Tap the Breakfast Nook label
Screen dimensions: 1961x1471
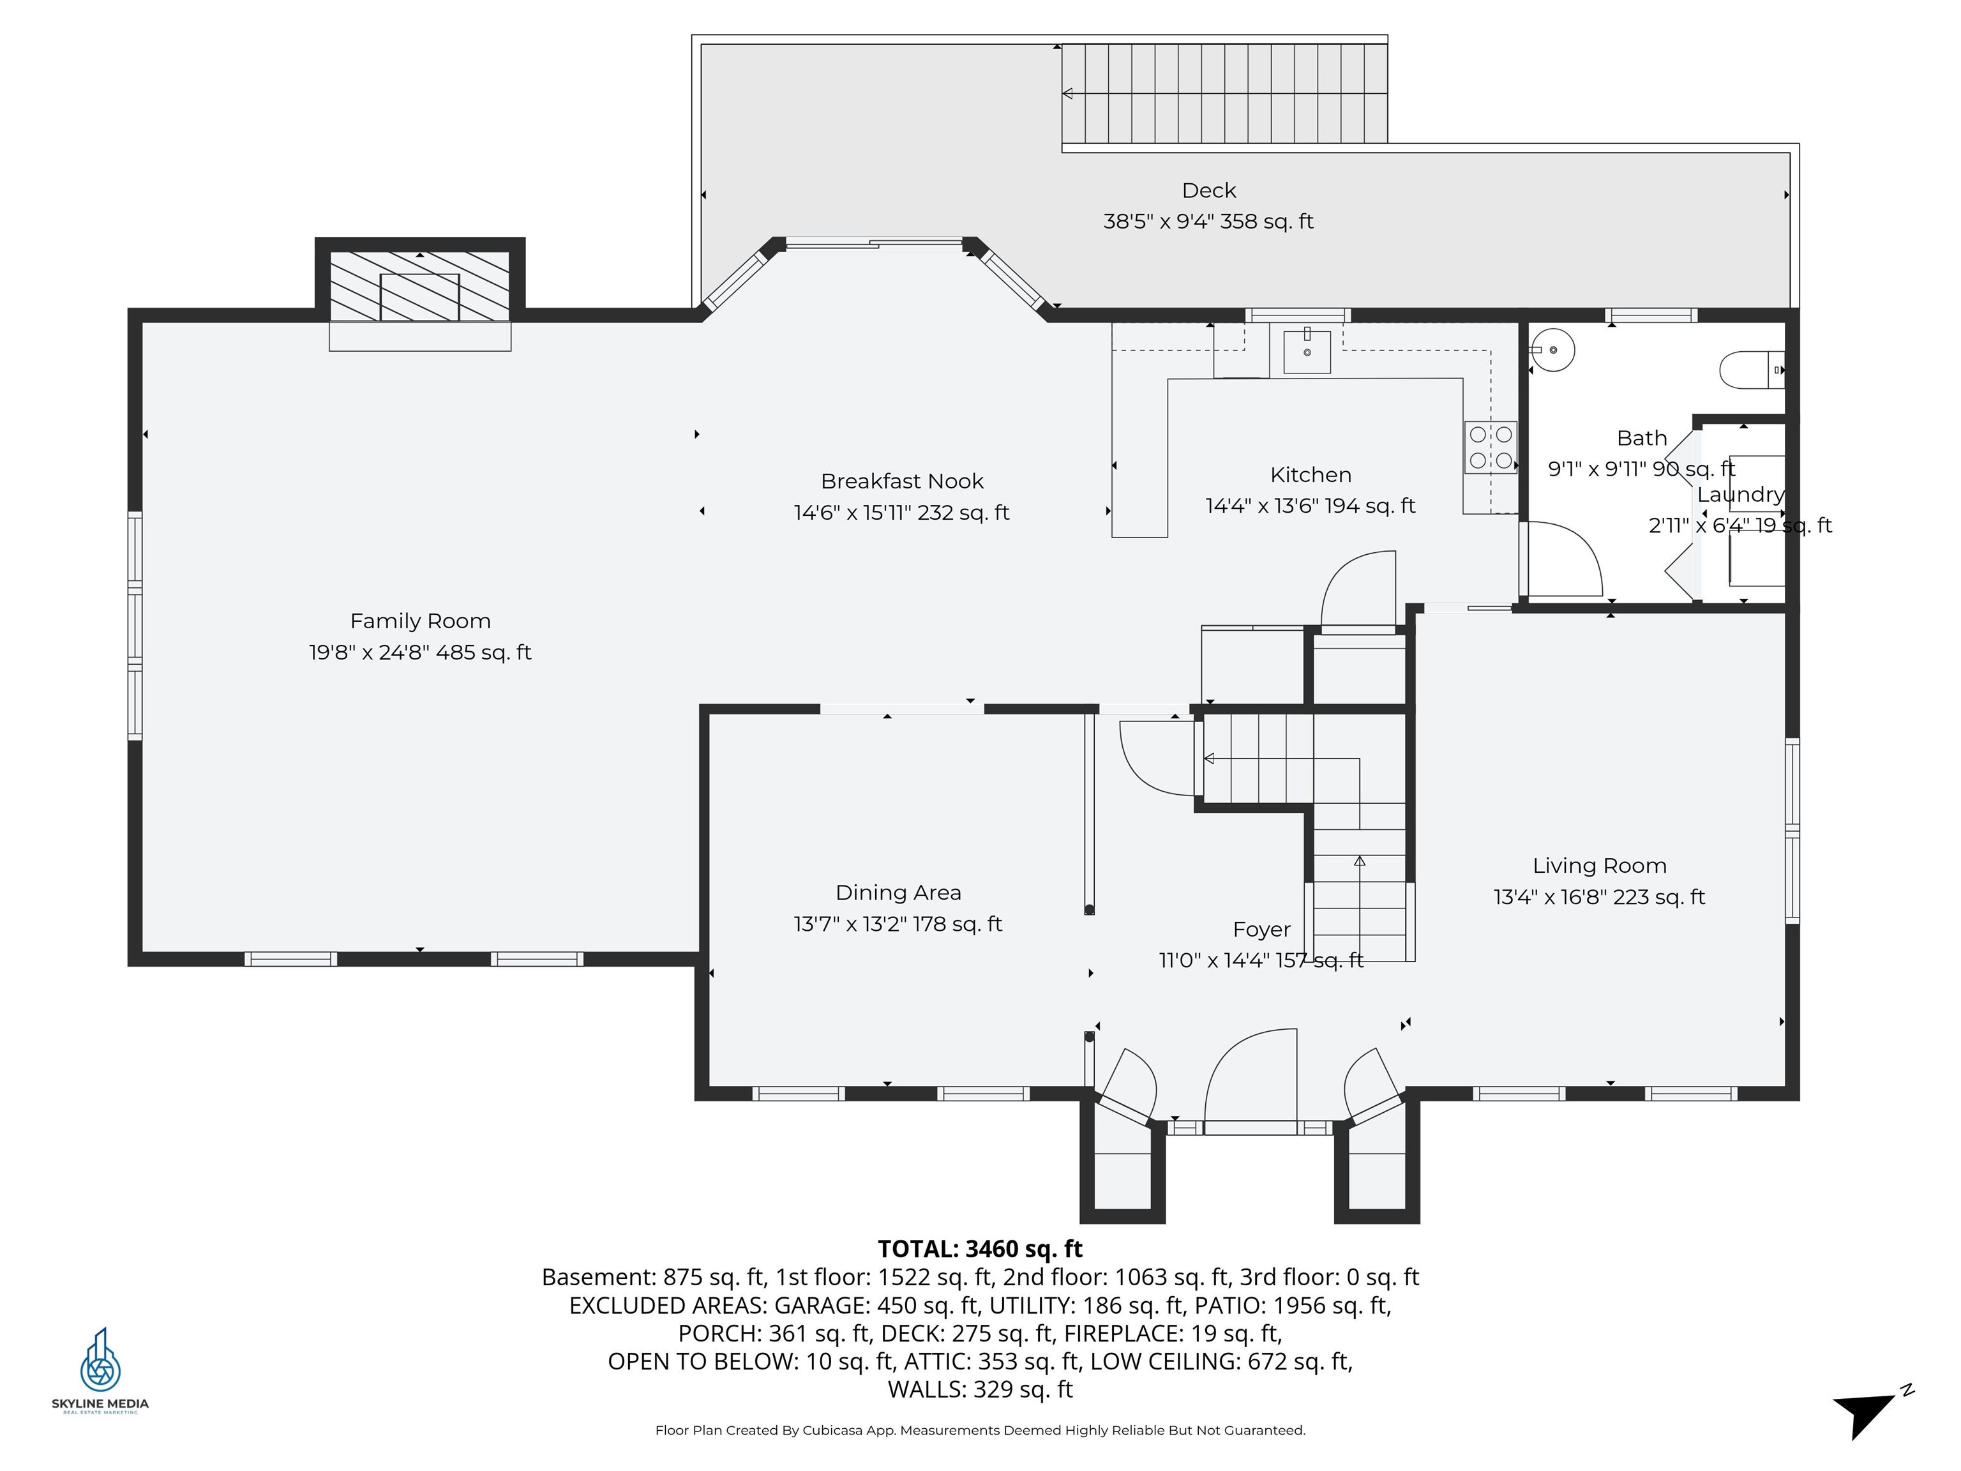901,481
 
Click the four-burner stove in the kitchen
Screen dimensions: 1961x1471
1491,447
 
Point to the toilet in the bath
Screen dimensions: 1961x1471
1752,370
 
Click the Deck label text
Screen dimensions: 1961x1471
1208,191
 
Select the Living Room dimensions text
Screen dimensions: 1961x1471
1599,897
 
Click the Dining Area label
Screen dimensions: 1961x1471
898,893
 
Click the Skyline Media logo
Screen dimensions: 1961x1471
100,1370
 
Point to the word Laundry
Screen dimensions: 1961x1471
1740,495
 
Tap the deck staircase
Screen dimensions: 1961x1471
1224,93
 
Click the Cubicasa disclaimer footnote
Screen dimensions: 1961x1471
980,1430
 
